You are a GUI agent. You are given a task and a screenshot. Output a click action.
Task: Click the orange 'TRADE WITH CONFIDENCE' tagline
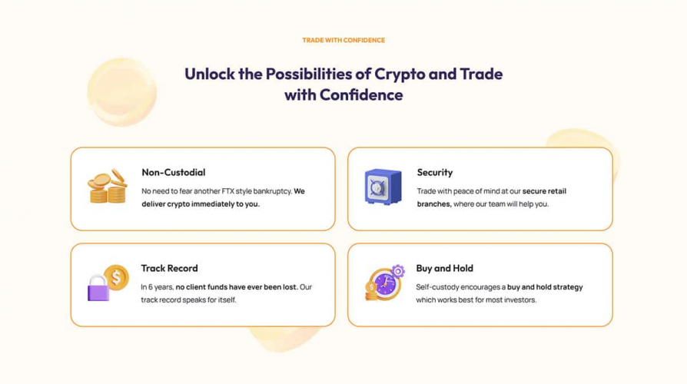[x=343, y=40]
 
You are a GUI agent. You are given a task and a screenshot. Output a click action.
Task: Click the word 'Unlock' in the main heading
[x=209, y=74]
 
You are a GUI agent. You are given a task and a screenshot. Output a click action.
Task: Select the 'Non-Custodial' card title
[x=173, y=172]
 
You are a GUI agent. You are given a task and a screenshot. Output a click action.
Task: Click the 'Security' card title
[x=434, y=172]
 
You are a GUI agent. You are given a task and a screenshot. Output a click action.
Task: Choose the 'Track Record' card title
[x=169, y=268]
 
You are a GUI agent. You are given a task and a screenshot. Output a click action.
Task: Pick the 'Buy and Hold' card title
[x=444, y=268]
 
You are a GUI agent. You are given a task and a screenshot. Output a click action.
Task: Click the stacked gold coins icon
[x=107, y=187]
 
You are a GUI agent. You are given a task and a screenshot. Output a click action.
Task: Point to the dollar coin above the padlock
[x=117, y=276]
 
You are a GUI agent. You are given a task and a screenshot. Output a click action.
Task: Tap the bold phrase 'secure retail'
[x=546, y=190]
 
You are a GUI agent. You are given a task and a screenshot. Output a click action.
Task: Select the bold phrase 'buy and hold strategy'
[x=545, y=286]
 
